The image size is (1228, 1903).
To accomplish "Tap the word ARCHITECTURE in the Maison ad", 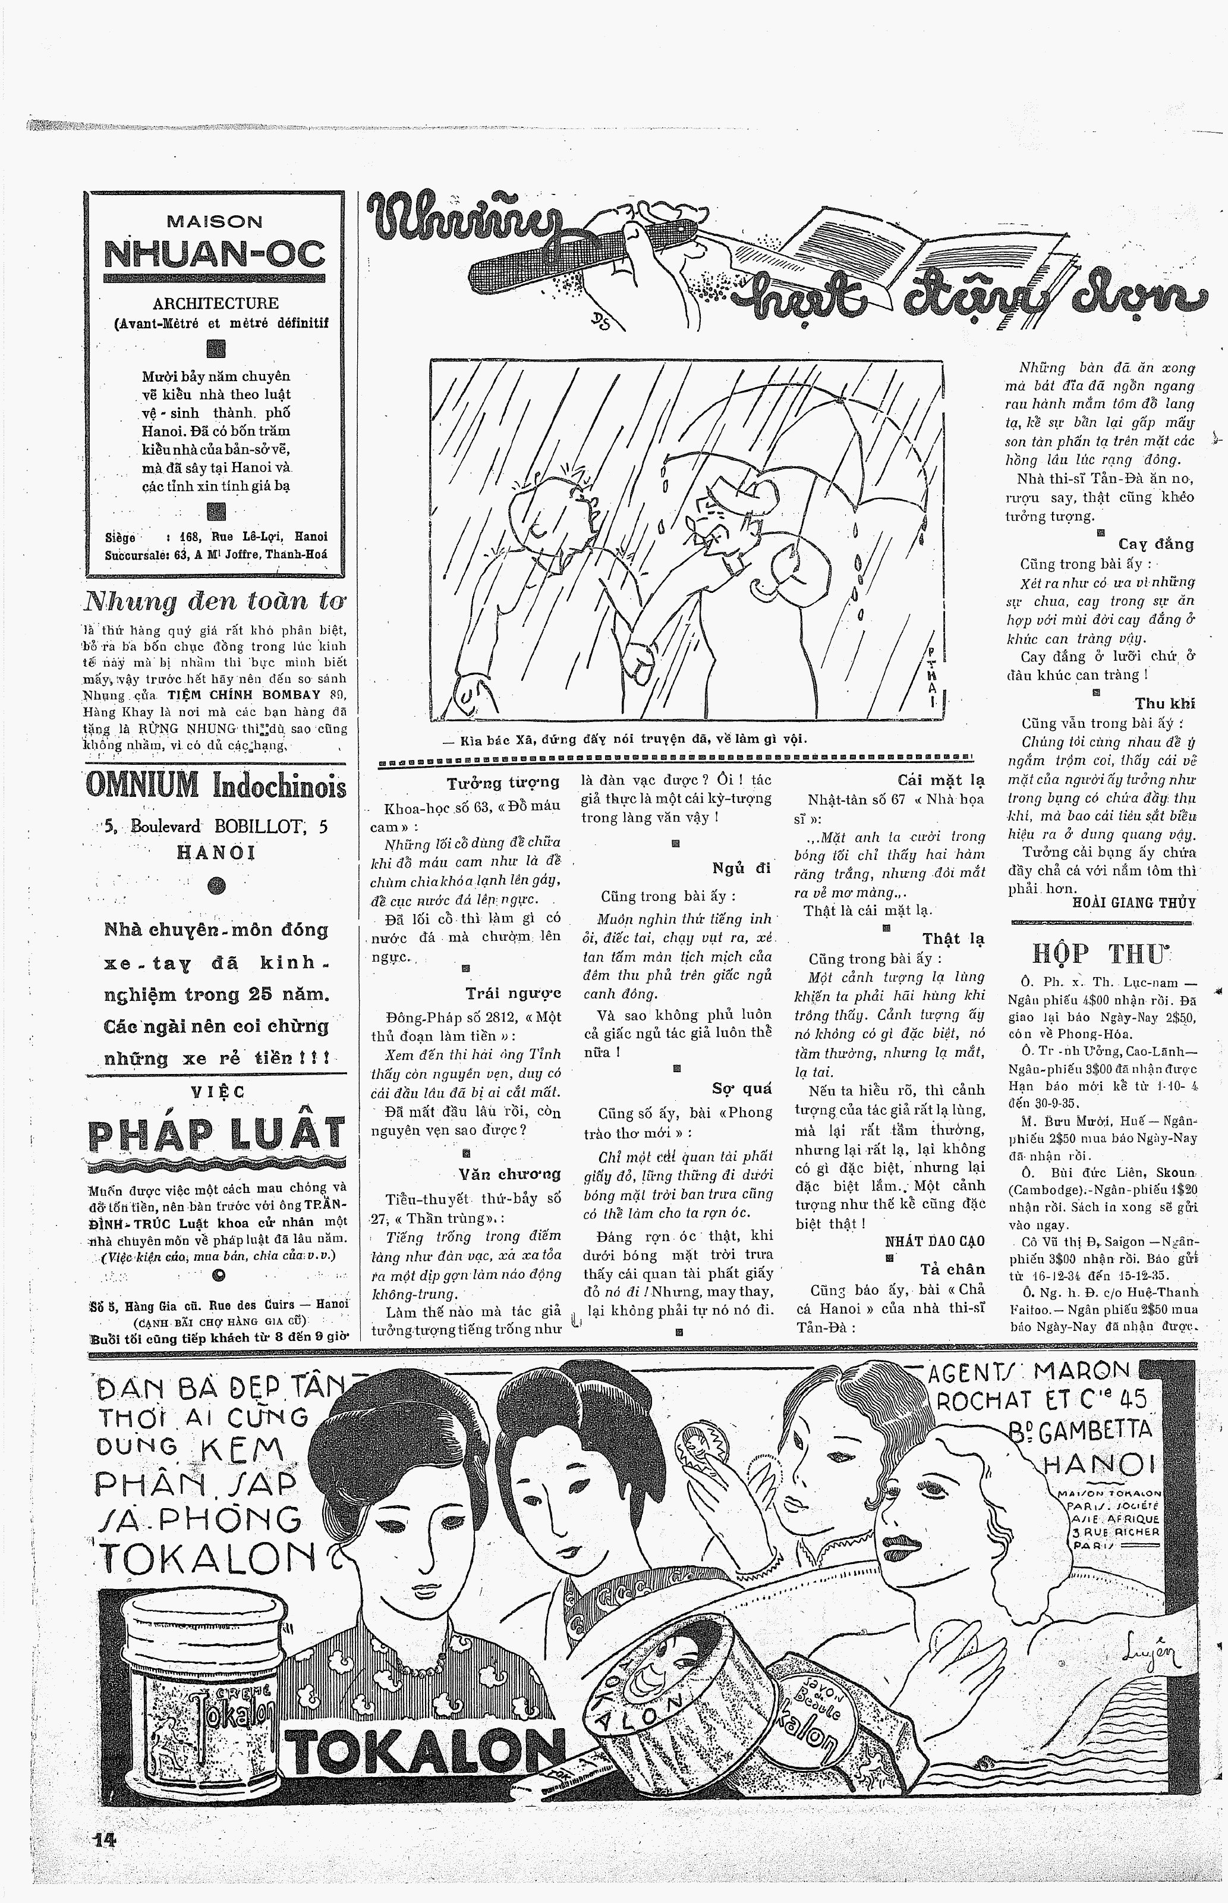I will (x=215, y=303).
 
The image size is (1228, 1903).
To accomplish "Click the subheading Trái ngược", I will (x=514, y=994).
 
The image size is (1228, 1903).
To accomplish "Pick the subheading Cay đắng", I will (x=1155, y=545).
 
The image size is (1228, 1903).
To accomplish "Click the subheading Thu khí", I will (x=1164, y=704).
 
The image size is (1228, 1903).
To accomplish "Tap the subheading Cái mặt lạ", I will (x=940, y=780).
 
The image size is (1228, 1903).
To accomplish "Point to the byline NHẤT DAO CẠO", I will (x=934, y=1242).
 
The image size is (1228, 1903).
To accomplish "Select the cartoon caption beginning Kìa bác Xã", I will (x=626, y=739).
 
